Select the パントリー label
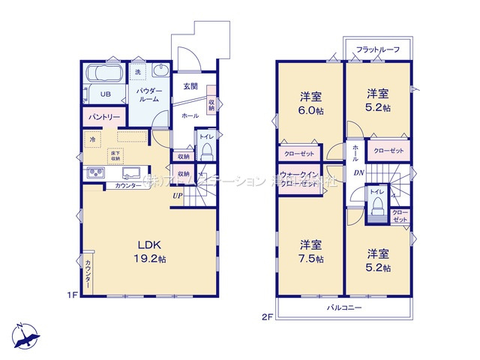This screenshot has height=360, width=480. [x=103, y=118]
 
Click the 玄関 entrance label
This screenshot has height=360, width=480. [x=190, y=86]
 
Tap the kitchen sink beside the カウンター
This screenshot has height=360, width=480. [x=96, y=173]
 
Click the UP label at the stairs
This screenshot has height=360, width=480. [x=177, y=196]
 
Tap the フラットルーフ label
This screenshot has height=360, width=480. [x=377, y=49]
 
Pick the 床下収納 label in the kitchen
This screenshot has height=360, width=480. [x=115, y=155]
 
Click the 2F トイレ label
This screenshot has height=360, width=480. [x=376, y=193]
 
